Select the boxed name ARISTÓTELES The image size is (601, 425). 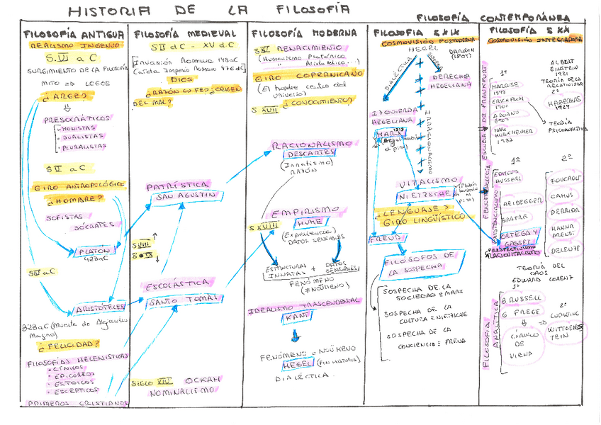click(101, 307)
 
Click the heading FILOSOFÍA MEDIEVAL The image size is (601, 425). click(185, 33)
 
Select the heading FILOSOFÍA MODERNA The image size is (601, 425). click(305, 33)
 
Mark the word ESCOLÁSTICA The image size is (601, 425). click(175, 288)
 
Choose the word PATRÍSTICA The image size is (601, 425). click(178, 185)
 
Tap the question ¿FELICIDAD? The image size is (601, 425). click(69, 345)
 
